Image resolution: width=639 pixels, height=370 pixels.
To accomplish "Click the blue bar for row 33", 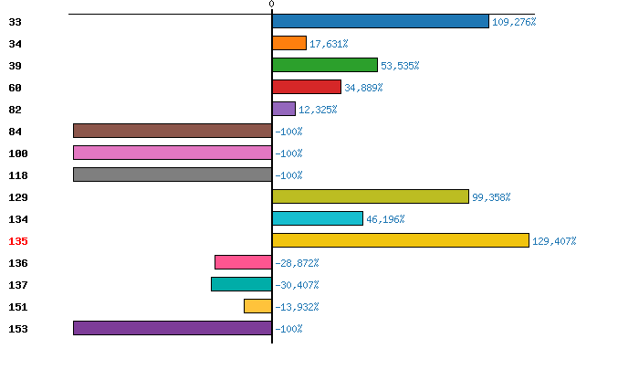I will point(381,21).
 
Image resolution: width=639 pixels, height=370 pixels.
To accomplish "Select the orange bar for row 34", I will point(289,43).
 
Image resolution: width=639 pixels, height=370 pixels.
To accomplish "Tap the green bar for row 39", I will point(325,65).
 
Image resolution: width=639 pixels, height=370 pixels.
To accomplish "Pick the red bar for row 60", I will point(307,87).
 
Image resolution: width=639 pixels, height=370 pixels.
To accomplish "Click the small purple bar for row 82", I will point(284,109).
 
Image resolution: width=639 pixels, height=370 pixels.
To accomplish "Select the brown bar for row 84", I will point(173,131).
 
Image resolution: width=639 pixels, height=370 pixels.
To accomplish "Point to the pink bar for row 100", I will point(173,153).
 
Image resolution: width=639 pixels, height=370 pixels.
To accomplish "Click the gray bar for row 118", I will point(173,174).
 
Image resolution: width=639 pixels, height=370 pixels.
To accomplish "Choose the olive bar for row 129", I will point(371,196).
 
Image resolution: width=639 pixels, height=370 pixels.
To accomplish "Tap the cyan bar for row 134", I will point(318,218).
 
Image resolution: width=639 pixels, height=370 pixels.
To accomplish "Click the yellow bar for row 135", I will point(401,240).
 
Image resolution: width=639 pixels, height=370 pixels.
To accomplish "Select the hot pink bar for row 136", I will point(244,262).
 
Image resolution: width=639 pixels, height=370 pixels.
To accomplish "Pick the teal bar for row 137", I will point(242,284).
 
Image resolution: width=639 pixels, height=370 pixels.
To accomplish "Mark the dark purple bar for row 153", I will point(173,328).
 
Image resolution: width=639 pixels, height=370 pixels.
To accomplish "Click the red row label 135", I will point(18,241).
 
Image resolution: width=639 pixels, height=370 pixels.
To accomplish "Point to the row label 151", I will point(18,307).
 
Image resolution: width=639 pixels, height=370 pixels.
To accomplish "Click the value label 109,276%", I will point(513,22).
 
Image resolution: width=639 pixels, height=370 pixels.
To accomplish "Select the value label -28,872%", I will point(297,263).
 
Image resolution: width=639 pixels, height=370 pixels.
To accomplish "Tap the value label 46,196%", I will point(385,219).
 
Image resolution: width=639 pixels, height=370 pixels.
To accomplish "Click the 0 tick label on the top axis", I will point(272,5).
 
